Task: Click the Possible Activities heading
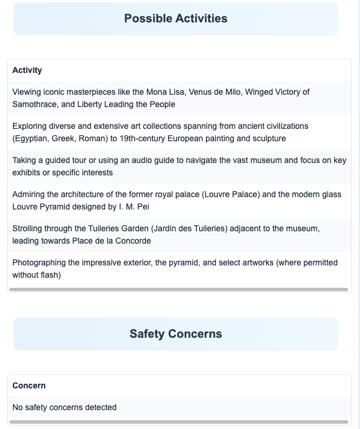175,18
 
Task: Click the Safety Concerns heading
175,334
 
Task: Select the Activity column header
27,70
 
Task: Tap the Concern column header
29,385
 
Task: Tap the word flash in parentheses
49,275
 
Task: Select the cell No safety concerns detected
65,407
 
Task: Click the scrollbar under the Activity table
179,290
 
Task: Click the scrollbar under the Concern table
179,422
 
